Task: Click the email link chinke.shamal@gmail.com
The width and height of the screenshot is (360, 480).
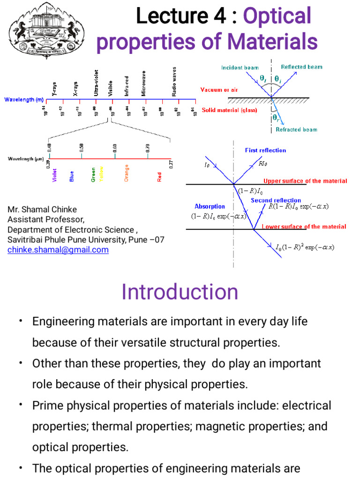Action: [58, 250]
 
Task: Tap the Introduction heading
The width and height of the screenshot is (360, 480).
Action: [180, 292]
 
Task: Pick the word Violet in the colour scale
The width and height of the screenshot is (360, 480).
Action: [55, 175]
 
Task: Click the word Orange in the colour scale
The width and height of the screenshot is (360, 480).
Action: [127, 172]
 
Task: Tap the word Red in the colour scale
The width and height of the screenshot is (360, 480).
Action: [160, 177]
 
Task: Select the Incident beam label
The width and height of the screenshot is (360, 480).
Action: [240, 67]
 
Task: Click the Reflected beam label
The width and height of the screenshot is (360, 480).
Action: [302, 67]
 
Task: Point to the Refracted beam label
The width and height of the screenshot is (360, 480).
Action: [296, 129]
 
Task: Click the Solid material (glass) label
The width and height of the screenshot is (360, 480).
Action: [230, 110]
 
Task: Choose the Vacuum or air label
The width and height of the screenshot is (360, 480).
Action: [218, 90]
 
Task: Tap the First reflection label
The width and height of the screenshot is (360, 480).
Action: [265, 150]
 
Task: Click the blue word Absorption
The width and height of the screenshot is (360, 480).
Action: [210, 206]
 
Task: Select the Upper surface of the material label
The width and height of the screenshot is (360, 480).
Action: [305, 181]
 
